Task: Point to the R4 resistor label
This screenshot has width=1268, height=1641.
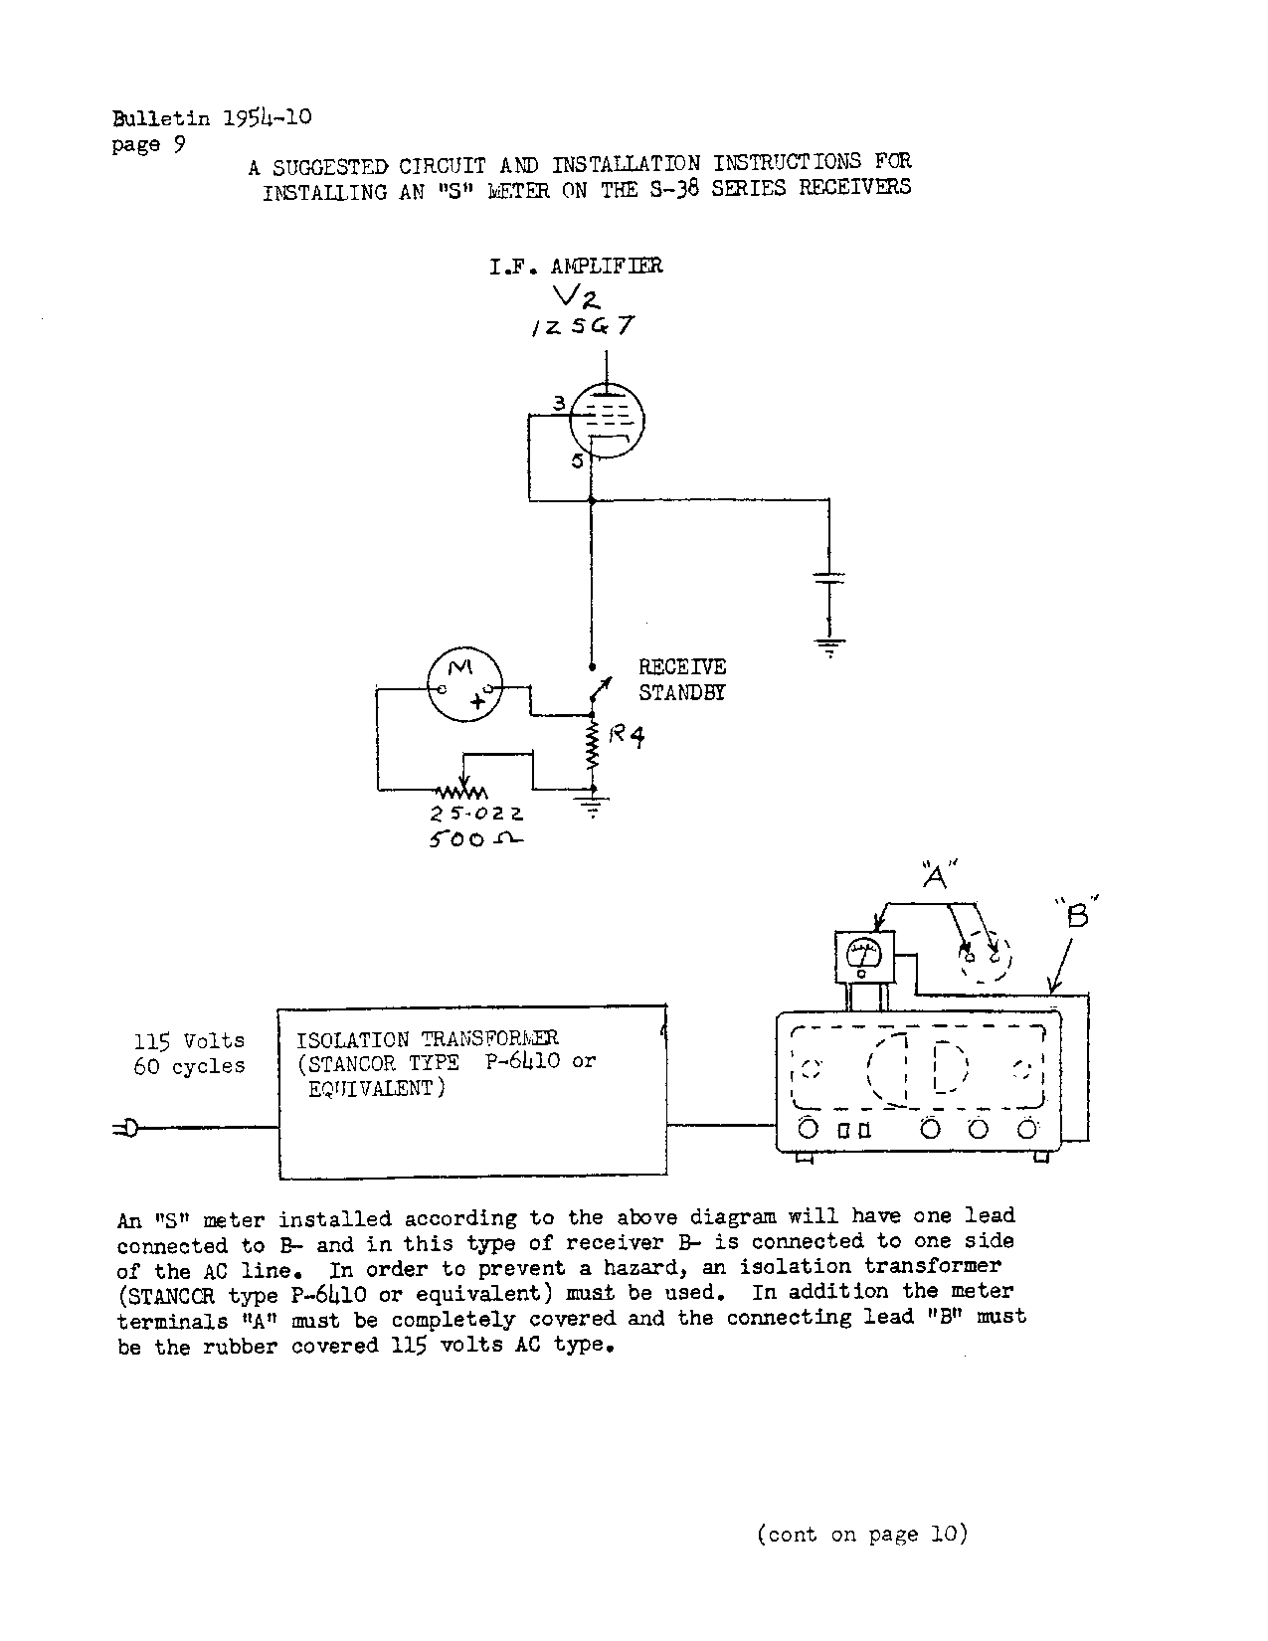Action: (627, 737)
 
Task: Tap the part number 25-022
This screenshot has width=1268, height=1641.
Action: (476, 813)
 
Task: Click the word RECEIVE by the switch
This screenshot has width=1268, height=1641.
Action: (682, 667)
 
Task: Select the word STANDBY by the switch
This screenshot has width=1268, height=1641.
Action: (682, 693)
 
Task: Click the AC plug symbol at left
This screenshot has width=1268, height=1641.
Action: (126, 1127)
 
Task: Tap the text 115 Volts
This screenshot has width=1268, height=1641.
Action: (189, 1041)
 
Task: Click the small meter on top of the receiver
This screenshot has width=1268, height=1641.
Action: (863, 957)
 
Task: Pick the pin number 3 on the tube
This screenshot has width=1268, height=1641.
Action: (560, 403)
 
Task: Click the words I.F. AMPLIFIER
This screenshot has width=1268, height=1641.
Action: (576, 267)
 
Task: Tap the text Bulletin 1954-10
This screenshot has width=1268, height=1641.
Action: (213, 118)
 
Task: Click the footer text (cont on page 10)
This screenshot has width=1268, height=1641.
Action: (862, 1535)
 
